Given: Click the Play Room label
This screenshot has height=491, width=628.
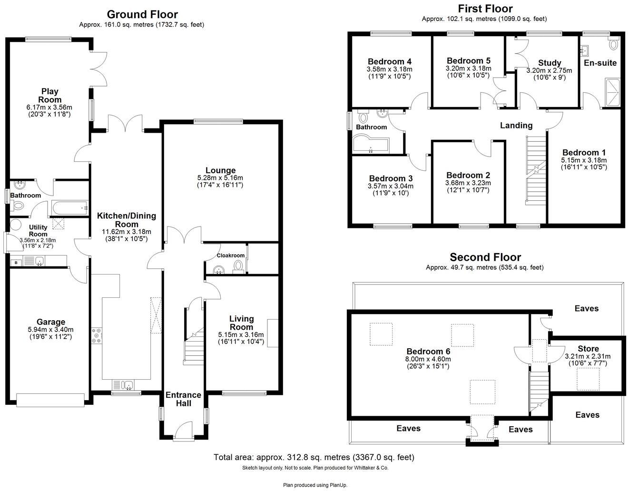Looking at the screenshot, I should coord(50,95).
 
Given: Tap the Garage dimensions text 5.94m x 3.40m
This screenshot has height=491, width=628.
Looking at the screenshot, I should coord(50,330).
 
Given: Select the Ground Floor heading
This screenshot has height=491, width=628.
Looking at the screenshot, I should coord(142,14).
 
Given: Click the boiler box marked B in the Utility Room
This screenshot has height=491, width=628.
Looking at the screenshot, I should coord(15,262).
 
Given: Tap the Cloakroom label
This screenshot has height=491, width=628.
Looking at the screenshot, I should coord(231,255).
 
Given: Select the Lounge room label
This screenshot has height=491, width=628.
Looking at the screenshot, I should coord(220,170).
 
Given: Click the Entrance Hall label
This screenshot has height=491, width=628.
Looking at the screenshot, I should coord(183,399).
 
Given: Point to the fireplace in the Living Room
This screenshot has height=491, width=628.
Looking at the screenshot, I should coord(273,333).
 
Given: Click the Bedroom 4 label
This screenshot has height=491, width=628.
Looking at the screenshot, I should coord(389,61).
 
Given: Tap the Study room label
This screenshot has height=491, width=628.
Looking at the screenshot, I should coord(549,63).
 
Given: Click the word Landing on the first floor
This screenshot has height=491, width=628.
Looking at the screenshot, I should coord(516,126).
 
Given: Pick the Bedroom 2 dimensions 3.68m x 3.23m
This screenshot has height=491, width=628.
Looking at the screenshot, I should coord(468,183).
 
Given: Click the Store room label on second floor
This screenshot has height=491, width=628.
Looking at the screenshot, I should coord(588,349).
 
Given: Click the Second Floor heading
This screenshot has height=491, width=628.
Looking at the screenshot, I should coord(485,257).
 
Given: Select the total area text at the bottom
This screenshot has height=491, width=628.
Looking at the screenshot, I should coord(314,457).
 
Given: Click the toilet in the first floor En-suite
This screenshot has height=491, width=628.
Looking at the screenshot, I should coord(614,44).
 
